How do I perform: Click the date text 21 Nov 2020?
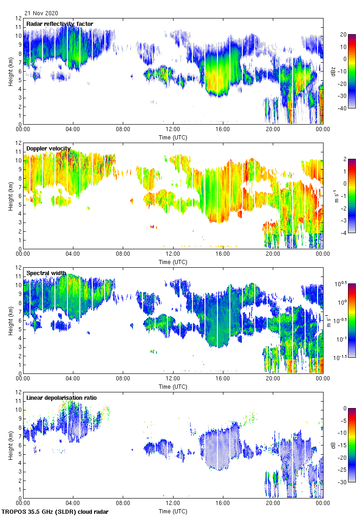42,13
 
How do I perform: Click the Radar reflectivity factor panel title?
60,24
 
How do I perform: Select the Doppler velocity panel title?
48,149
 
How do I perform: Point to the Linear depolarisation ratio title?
61,398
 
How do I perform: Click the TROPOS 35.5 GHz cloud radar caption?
55,512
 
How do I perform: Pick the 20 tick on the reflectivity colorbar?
343,35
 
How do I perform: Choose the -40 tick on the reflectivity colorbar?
343,108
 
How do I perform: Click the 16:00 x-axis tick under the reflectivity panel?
223,130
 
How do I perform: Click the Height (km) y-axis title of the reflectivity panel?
10,71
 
